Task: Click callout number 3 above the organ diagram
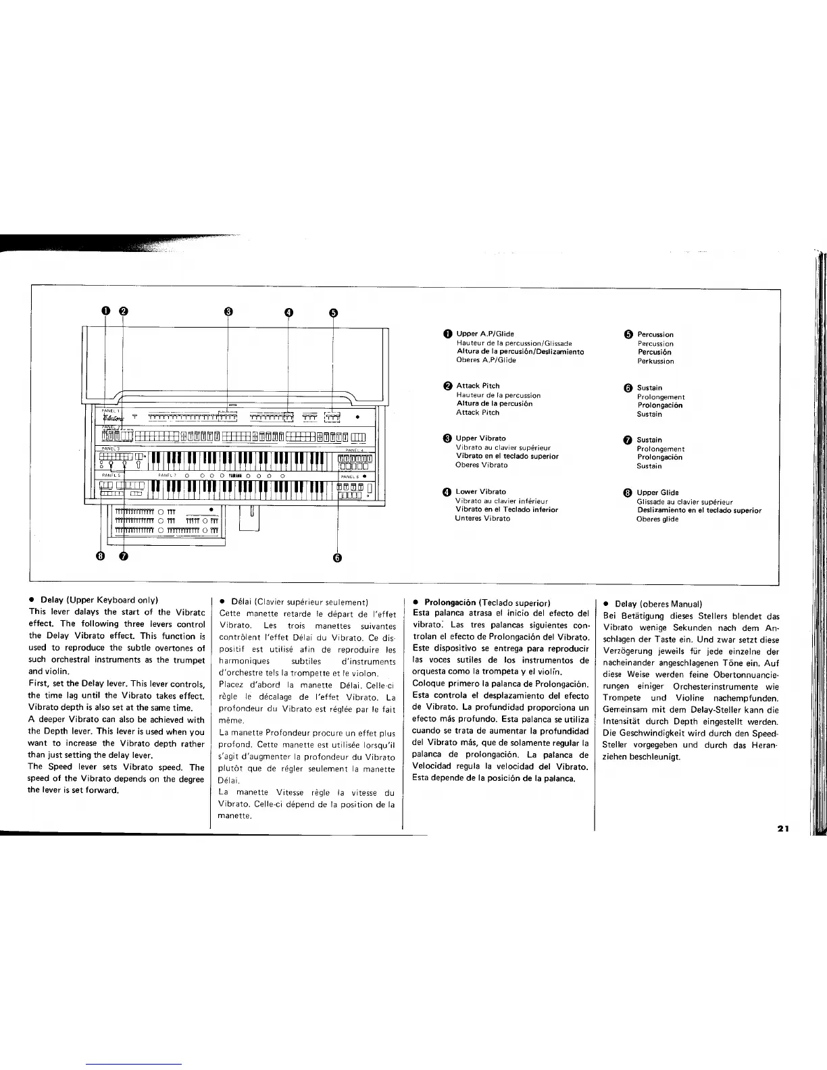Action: coord(228,311)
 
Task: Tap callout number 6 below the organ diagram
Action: coord(337,557)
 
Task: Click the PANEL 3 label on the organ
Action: coord(110,448)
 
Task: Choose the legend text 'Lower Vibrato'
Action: coord(480,492)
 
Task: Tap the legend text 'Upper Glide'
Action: coord(657,492)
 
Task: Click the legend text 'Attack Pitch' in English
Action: coord(478,386)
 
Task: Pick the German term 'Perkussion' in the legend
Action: coord(655,361)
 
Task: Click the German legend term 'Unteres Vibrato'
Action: coord(482,518)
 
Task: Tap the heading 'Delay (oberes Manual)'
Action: coord(658,604)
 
